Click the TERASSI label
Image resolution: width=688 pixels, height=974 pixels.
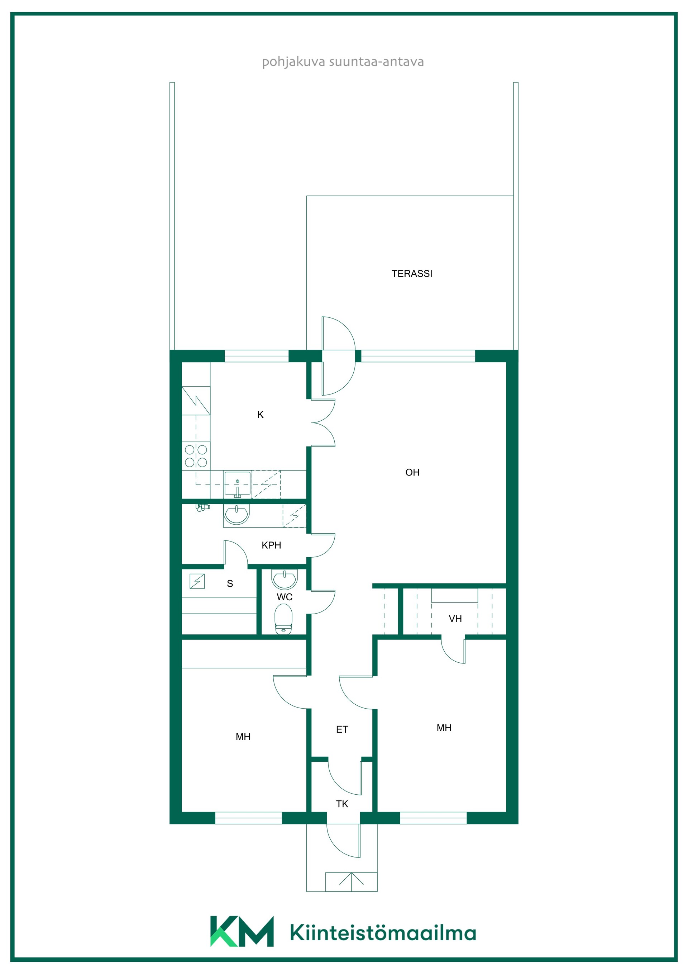coord(412,274)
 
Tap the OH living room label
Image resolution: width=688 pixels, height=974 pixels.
coord(412,472)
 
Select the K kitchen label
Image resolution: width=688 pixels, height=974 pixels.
coord(260,415)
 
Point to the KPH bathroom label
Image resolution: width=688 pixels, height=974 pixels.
coord(271,545)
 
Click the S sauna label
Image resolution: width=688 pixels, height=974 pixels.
coord(230,583)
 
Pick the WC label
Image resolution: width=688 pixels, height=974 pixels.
coord(285,597)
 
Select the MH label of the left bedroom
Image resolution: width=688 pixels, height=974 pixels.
coord(243,737)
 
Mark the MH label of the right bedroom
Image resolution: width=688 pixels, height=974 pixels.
coord(444,728)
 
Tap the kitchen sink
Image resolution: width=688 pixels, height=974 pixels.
coord(237,484)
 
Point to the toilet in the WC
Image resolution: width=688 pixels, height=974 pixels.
coord(283,619)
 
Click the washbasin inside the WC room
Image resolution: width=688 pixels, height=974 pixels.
coord(285,579)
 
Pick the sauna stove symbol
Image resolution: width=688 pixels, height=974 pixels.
coord(197,581)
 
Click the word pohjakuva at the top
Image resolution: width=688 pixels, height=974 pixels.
coord(294,62)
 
